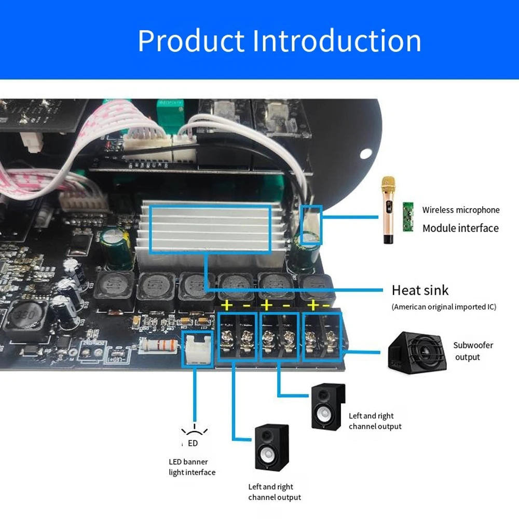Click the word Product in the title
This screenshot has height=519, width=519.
[190, 41]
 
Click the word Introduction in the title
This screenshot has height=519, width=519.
[336, 41]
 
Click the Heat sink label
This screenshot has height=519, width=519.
[420, 290]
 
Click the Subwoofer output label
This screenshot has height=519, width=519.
[473, 351]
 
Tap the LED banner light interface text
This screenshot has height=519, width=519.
[192, 467]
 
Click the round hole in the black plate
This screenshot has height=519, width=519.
[365, 154]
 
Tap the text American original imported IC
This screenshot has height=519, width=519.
[444, 307]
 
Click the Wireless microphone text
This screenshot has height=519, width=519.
[460, 210]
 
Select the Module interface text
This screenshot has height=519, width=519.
[460, 228]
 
